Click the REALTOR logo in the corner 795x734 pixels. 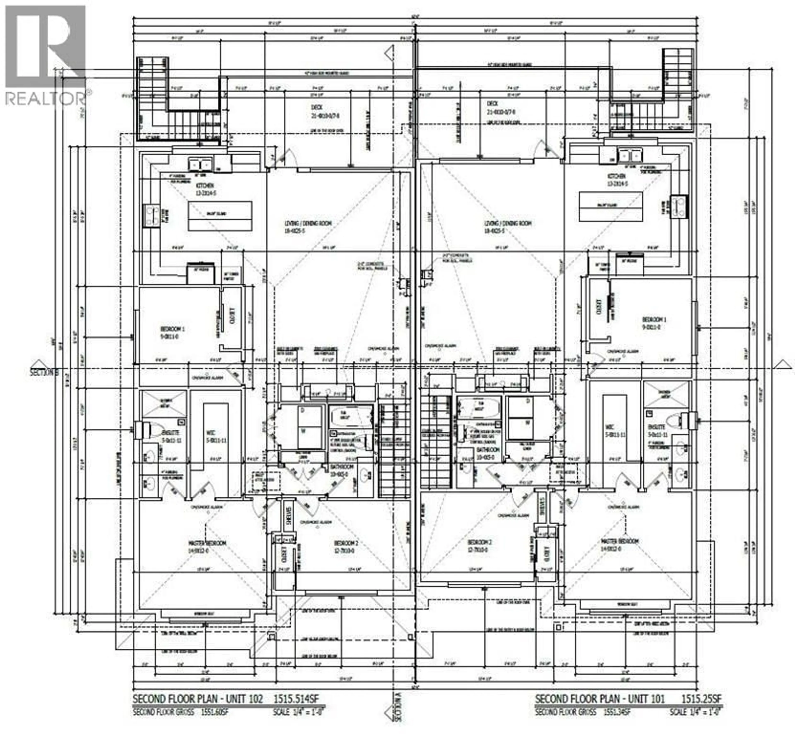[46, 56]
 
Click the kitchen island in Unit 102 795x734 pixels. [220, 216]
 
